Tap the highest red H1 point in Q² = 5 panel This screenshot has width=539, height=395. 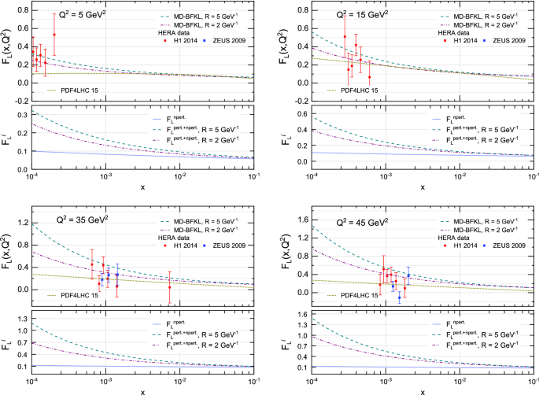(x=54, y=35)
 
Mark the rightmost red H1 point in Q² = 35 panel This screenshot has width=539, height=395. (x=169, y=287)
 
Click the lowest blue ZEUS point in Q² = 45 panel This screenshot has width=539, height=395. (x=399, y=298)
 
